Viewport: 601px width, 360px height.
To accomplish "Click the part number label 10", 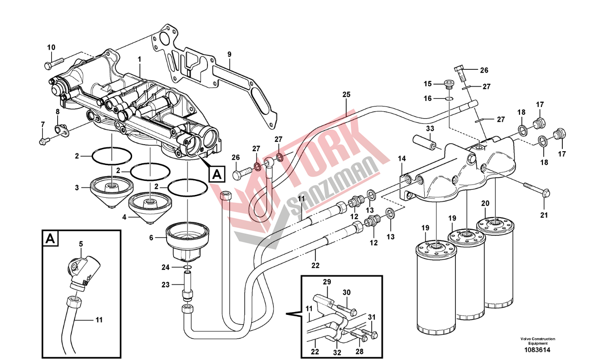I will (51, 47).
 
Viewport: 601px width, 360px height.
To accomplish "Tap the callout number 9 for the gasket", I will (229, 54).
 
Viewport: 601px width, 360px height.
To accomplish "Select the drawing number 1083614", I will (537, 350).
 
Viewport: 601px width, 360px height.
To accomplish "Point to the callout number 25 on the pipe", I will (346, 94).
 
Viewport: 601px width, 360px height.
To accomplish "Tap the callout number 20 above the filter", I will (485, 203).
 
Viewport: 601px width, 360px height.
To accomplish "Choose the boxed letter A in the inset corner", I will (51, 239).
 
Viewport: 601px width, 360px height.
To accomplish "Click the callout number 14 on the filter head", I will (401, 159).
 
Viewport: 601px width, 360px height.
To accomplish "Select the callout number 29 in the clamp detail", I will (327, 282).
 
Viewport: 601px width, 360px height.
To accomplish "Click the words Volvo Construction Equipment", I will (537, 341).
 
